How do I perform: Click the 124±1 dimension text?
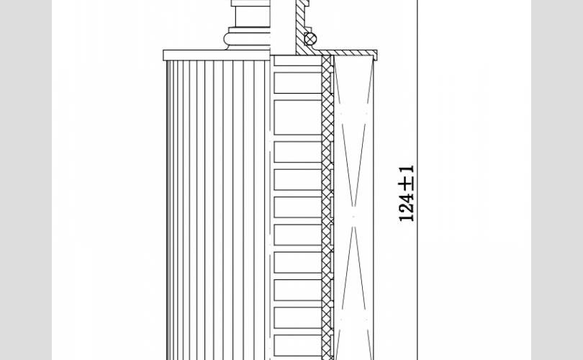407,194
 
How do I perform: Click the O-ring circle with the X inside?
310,39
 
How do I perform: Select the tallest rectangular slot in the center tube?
298,117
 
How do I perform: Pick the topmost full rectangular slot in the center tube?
298,83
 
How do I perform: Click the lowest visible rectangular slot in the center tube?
298,345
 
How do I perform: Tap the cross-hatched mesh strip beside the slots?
327,207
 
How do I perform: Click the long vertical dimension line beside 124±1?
417,180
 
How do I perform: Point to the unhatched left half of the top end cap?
217,55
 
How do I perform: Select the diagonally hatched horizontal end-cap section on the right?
348,53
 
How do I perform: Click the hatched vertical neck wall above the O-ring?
300,26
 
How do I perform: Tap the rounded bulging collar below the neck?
248,39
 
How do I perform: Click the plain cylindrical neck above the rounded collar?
253,17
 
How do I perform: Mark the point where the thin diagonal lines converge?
353,216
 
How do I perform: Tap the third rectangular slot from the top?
298,152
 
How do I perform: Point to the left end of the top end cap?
163,55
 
